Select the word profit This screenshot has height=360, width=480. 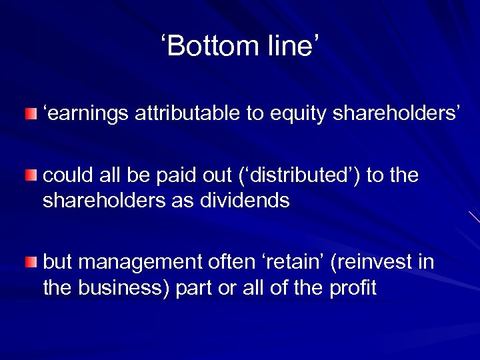[354, 287]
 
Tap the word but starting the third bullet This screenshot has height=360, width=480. [58, 263]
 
